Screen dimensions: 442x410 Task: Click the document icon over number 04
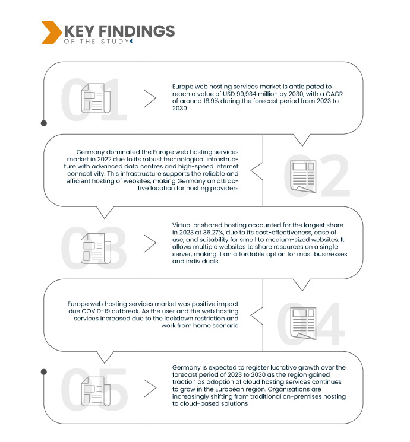point(302,321)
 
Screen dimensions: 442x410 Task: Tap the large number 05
point(95,392)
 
